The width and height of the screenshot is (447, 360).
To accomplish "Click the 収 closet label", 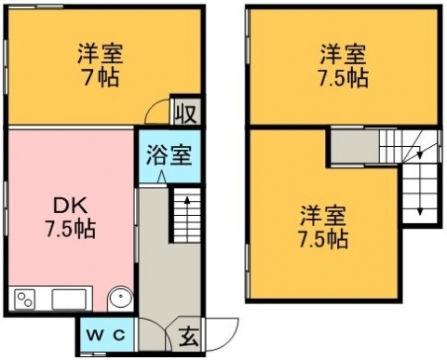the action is [185, 113].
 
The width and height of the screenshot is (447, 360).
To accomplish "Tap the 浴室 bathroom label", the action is [169, 154].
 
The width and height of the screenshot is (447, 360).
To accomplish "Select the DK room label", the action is [70, 206].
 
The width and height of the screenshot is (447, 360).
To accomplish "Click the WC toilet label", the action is [105, 335].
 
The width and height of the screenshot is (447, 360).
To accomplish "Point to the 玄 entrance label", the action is [189, 337].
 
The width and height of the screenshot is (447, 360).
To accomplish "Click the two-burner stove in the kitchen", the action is [24, 300].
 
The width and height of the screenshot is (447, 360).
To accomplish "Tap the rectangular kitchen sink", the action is [69, 300].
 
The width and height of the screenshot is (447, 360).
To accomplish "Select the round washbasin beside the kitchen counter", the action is [120, 299].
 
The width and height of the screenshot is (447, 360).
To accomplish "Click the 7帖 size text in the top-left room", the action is [101, 77].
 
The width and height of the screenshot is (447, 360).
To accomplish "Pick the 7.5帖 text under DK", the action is [71, 229].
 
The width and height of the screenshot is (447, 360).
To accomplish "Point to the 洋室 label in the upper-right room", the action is [343, 54].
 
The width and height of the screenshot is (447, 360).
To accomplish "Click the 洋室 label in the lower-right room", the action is [323, 216].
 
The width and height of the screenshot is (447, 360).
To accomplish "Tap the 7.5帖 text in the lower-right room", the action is [323, 239].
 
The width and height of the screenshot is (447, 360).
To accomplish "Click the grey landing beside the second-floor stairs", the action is [354, 146].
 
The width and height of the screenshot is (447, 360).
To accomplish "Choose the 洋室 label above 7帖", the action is [101, 54].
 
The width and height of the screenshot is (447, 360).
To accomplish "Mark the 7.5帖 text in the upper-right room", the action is [344, 77].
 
